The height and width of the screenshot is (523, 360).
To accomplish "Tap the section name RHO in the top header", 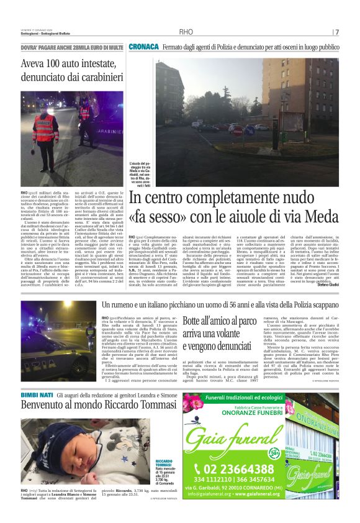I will [186, 32].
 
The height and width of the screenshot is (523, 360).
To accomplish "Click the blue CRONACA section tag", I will [143, 47].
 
